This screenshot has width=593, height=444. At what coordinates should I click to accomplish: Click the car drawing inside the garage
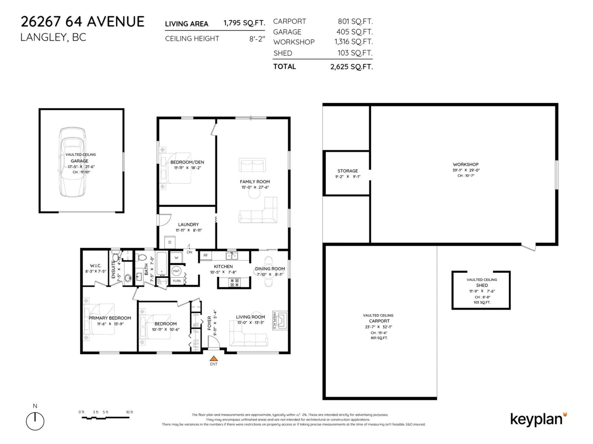[73, 162]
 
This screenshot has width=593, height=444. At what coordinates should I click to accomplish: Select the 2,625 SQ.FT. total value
[351, 67]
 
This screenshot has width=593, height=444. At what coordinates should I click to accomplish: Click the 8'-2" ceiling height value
[257, 39]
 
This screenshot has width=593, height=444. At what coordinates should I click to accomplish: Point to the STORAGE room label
[347, 171]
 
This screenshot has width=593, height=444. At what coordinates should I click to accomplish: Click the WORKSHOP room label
[465, 164]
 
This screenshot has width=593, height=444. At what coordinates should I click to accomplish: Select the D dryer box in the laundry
[170, 242]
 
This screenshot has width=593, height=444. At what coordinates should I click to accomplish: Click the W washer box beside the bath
[176, 258]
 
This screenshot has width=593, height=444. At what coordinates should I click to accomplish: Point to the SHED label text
[482, 285]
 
